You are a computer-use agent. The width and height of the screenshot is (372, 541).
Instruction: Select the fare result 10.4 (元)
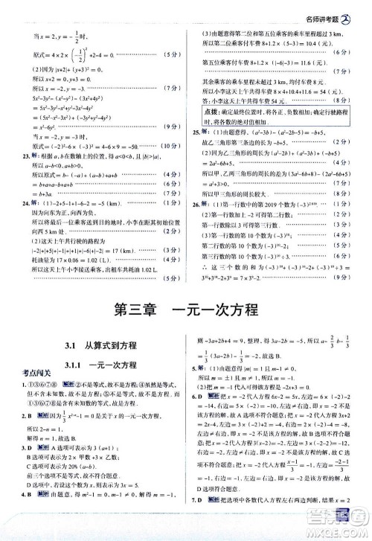coord(313,43)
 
